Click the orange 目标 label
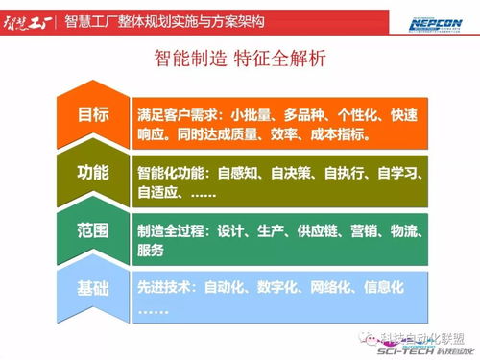(93, 114)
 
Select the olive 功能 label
(93, 173)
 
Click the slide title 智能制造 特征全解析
(239, 60)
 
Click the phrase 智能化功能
(171, 174)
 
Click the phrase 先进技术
(164, 287)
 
